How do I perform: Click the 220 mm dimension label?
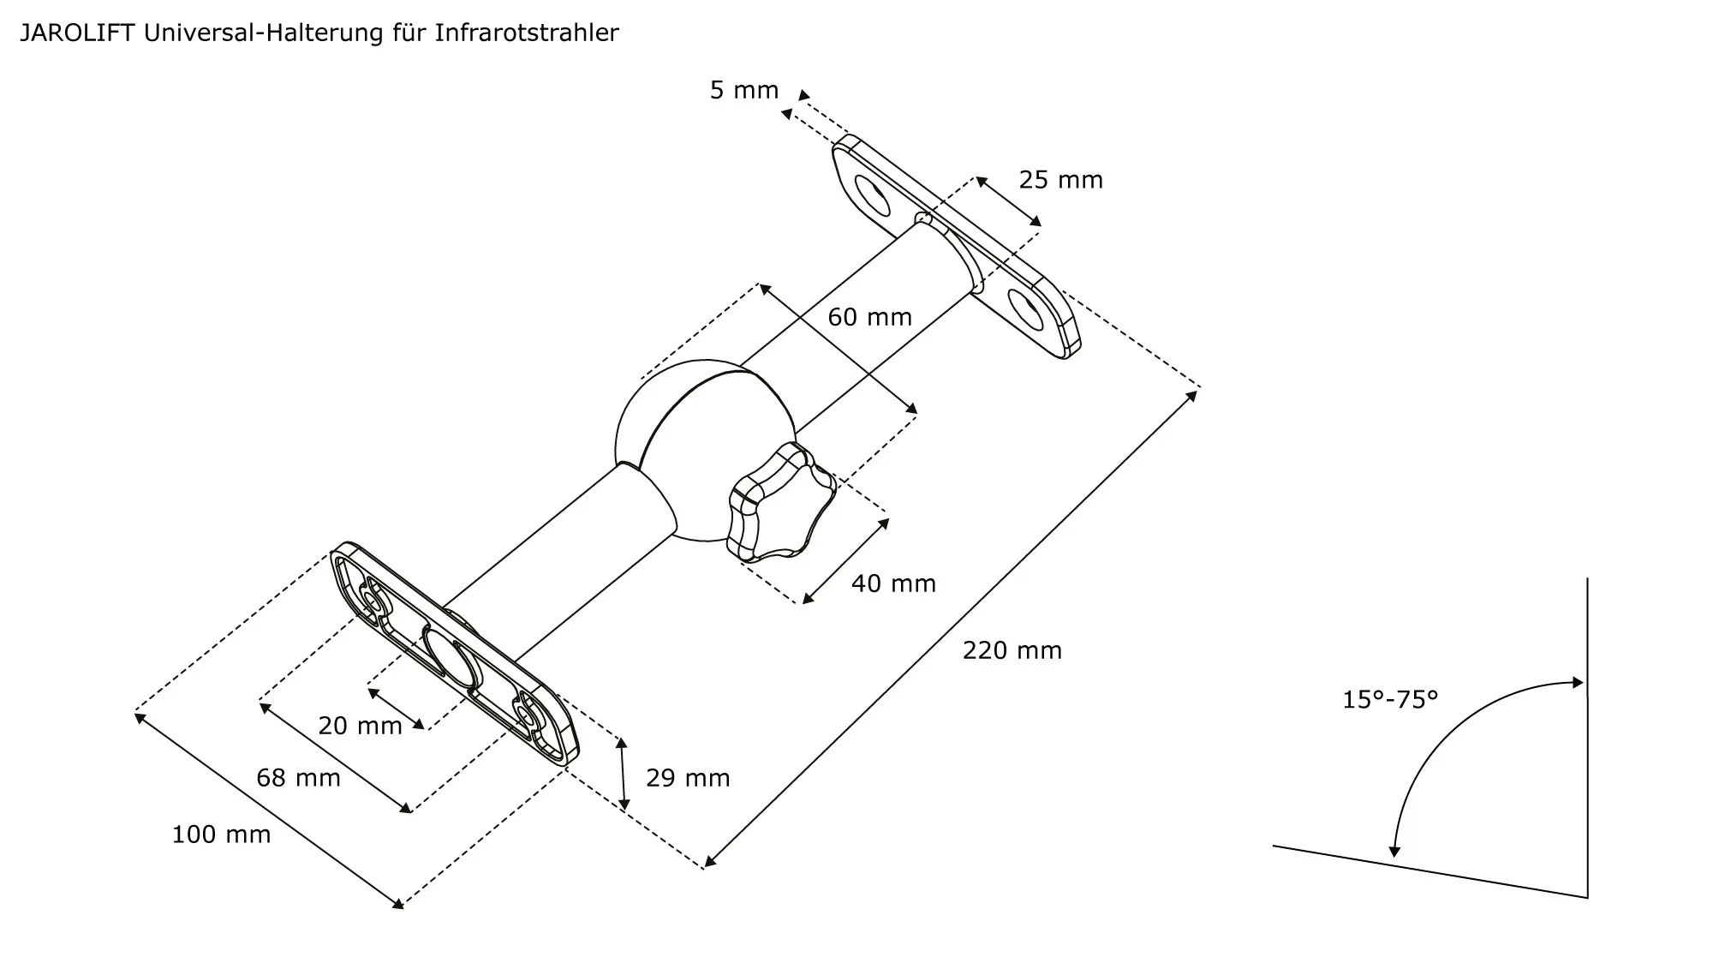[1012, 650]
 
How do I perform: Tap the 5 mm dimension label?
[743, 90]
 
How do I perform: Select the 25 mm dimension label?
[1060, 180]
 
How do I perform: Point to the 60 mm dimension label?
[869, 317]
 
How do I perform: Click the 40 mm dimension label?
[893, 583]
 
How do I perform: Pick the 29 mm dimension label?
[688, 778]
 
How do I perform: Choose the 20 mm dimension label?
[360, 726]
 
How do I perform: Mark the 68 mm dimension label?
[298, 778]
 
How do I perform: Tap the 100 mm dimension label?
[221, 834]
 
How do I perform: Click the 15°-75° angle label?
[1389, 700]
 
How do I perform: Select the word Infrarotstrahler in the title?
[526, 33]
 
